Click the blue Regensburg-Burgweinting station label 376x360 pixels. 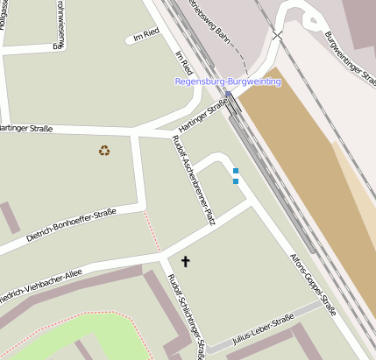[228, 81]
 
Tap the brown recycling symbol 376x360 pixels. [104, 151]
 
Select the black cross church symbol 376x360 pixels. [185, 261]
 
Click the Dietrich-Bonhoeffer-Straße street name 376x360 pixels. [71, 223]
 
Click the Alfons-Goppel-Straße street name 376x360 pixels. [313, 286]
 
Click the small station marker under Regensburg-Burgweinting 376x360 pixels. [228, 93]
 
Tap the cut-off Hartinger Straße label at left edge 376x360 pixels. [26, 129]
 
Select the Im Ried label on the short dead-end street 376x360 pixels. [146, 36]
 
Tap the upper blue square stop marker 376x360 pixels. [235, 171]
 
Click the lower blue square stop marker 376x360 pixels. [235, 181]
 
